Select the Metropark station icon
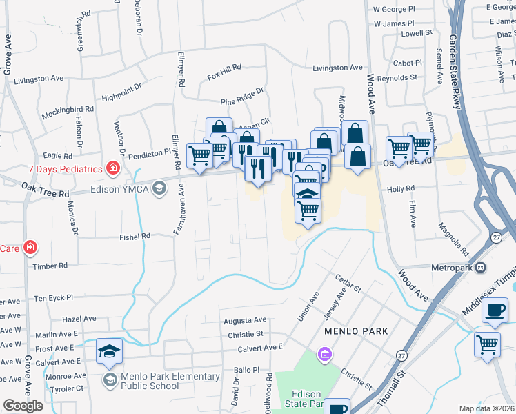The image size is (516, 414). pos(480,267)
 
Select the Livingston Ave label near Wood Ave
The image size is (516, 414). pos(337,68)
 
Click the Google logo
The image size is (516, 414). pos(23,406)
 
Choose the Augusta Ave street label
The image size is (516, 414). pos(244,320)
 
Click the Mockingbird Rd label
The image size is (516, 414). pos(67,110)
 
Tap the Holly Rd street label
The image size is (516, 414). pos(400,188)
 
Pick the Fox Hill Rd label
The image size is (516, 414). pos(224,68)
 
